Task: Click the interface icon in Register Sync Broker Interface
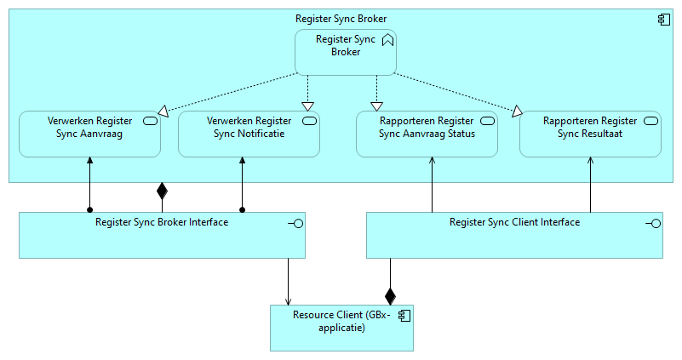295,223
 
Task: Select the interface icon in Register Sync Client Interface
654,223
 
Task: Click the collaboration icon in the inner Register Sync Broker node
387,39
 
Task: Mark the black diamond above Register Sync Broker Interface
162,190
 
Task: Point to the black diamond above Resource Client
390,295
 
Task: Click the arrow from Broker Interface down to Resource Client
289,281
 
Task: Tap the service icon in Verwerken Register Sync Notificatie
310,121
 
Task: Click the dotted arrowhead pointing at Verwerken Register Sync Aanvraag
163,109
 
